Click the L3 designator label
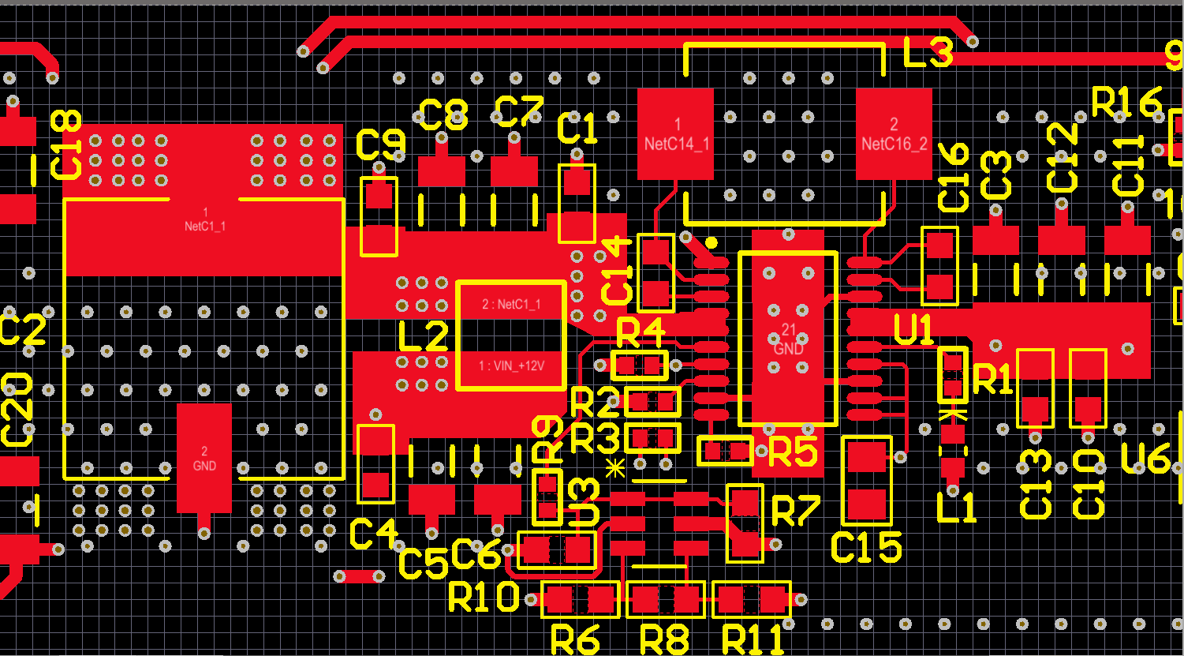[928, 53]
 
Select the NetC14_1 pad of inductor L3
[676, 133]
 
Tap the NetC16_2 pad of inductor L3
[894, 133]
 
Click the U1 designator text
[914, 330]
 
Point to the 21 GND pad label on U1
[788, 340]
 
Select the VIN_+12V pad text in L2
[512, 366]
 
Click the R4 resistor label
[640, 334]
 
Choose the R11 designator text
[753, 639]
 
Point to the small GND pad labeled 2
[204, 459]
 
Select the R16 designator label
[1127, 102]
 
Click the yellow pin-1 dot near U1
[712, 242]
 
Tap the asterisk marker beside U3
[615, 467]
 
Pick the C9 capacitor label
[381, 144]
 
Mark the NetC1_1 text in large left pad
[205, 219]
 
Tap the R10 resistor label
[483, 598]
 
